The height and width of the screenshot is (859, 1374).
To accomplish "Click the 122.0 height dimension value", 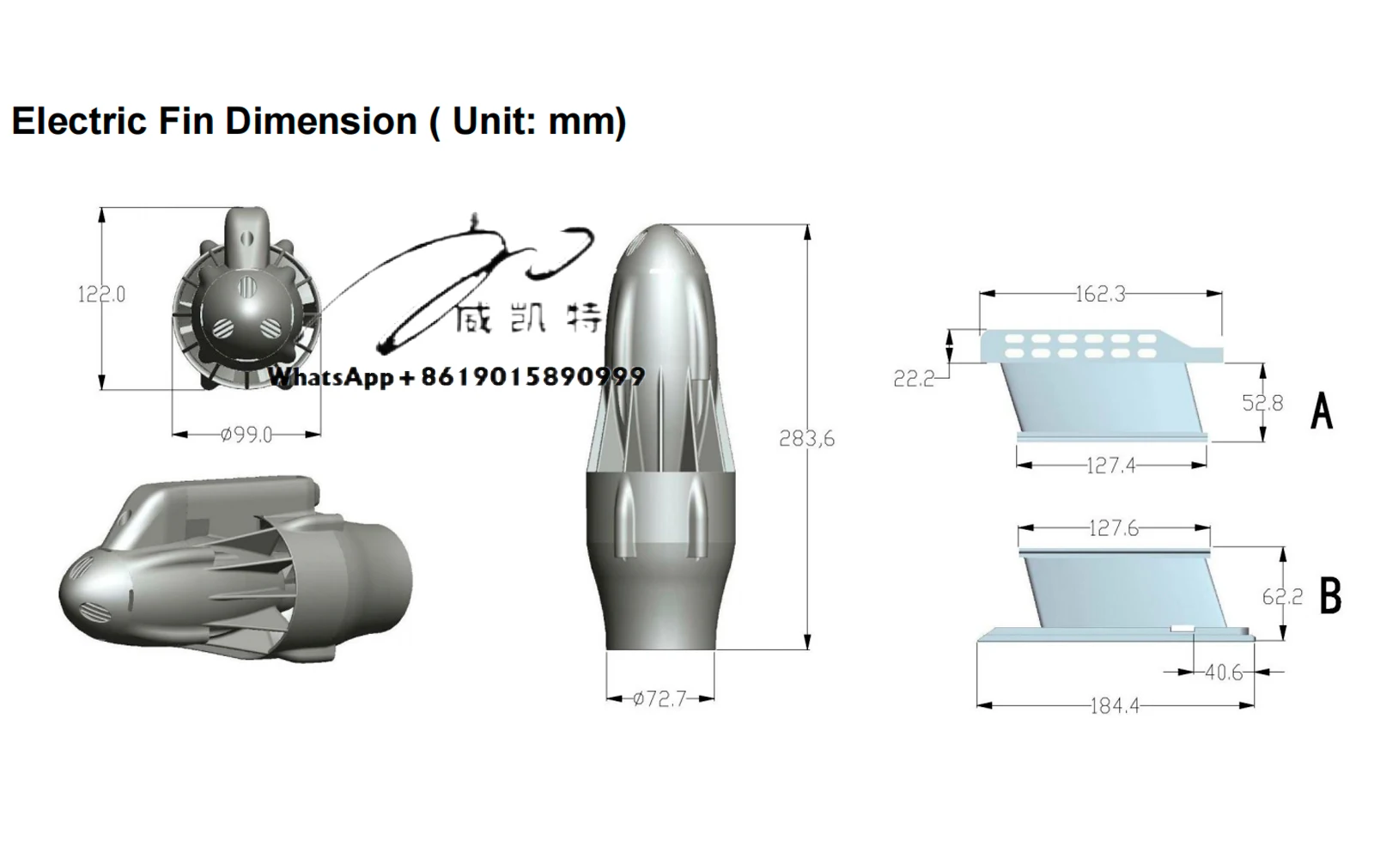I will coord(101,295).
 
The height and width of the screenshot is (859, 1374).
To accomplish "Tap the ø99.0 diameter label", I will coord(246,435).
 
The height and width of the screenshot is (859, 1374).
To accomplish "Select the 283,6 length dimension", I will coord(806,439).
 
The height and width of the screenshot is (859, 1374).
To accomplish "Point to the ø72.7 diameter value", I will coord(660,699).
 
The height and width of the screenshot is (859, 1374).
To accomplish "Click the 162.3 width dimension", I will coord(1100,295).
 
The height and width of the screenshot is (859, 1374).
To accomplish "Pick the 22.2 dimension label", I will coord(914,379).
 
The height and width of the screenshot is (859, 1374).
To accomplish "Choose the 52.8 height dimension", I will coord(1262,403).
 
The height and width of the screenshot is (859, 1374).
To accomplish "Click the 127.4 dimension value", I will coord(1110,466).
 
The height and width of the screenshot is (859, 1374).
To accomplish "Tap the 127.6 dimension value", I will coord(1113,528).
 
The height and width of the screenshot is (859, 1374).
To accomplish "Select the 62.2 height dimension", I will coord(1282,596).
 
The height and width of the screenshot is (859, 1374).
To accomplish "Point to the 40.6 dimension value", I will coord(1223,673).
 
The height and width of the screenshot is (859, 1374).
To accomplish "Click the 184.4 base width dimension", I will coord(1115,706).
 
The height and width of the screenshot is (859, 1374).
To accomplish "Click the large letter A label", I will coord(1322,410).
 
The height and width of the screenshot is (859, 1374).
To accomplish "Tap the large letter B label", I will coord(1329,595).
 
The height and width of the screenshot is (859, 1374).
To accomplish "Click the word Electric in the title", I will coord(79,121).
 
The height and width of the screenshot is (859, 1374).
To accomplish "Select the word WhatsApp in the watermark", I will coord(331,377).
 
